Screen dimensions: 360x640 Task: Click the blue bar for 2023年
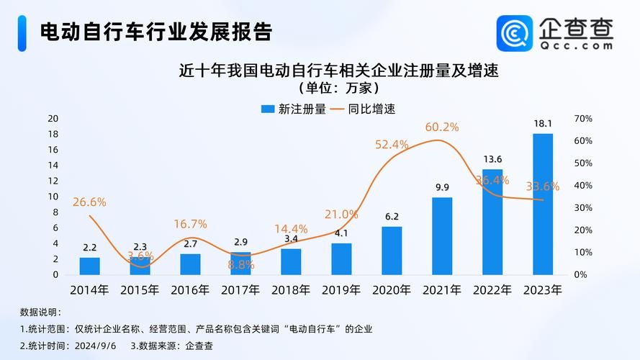543,204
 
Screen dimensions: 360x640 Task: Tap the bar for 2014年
90,266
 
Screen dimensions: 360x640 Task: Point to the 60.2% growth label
442,127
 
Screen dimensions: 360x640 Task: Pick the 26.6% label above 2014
89,202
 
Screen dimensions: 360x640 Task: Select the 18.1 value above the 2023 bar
543,123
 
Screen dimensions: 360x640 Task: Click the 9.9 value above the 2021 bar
442,187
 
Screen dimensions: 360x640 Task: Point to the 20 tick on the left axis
53,118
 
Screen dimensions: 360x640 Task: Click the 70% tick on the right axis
583,118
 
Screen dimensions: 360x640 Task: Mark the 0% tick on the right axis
580,274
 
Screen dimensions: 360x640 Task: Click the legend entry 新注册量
294,109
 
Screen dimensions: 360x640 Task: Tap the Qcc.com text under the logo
577,45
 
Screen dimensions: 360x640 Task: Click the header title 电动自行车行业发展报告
156,32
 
